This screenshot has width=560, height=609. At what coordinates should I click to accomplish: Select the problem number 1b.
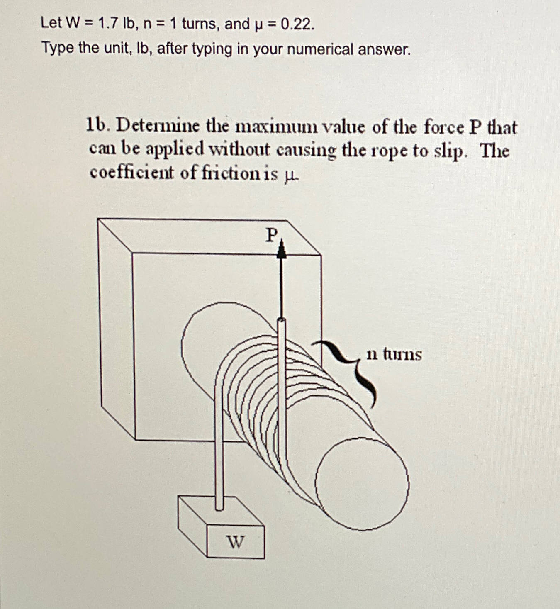click(98, 125)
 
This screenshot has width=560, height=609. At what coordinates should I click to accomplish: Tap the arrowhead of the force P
click(282, 251)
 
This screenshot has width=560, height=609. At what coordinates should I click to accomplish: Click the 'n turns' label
click(394, 355)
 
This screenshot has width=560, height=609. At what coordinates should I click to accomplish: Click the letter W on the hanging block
click(235, 541)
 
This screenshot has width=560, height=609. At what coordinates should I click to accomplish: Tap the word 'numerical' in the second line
click(320, 49)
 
